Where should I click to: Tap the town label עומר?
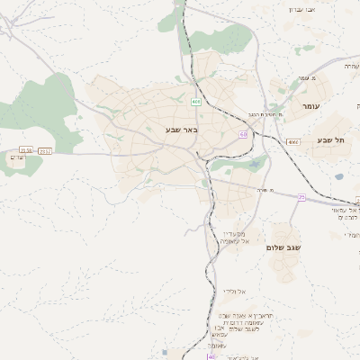point(310,106)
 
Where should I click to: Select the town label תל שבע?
point(332,139)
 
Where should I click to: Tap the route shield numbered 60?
point(243,133)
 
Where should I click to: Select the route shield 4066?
point(292,142)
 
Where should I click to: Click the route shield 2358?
point(27,150)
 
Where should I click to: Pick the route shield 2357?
point(46,150)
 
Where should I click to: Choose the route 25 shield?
point(302,196)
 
